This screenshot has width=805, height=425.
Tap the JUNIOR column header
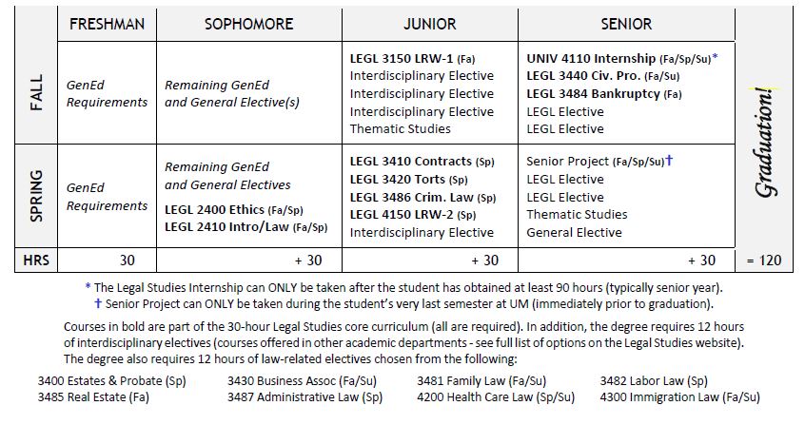click(430, 24)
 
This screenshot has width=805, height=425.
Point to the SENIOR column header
click(626, 24)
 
